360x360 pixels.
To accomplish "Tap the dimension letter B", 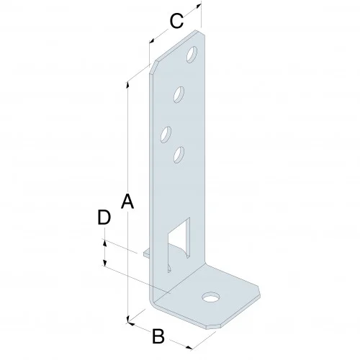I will click(x=159, y=336).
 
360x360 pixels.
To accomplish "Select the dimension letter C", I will click(x=175, y=21).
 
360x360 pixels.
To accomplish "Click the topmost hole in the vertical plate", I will click(x=192, y=53).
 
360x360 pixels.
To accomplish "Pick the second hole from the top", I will click(x=180, y=93).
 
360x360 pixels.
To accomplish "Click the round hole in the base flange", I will click(x=210, y=296).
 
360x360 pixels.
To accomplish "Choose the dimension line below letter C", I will click(x=173, y=32).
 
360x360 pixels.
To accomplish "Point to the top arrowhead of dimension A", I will click(x=127, y=84).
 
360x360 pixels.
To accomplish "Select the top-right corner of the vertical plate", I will click(x=200, y=32).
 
